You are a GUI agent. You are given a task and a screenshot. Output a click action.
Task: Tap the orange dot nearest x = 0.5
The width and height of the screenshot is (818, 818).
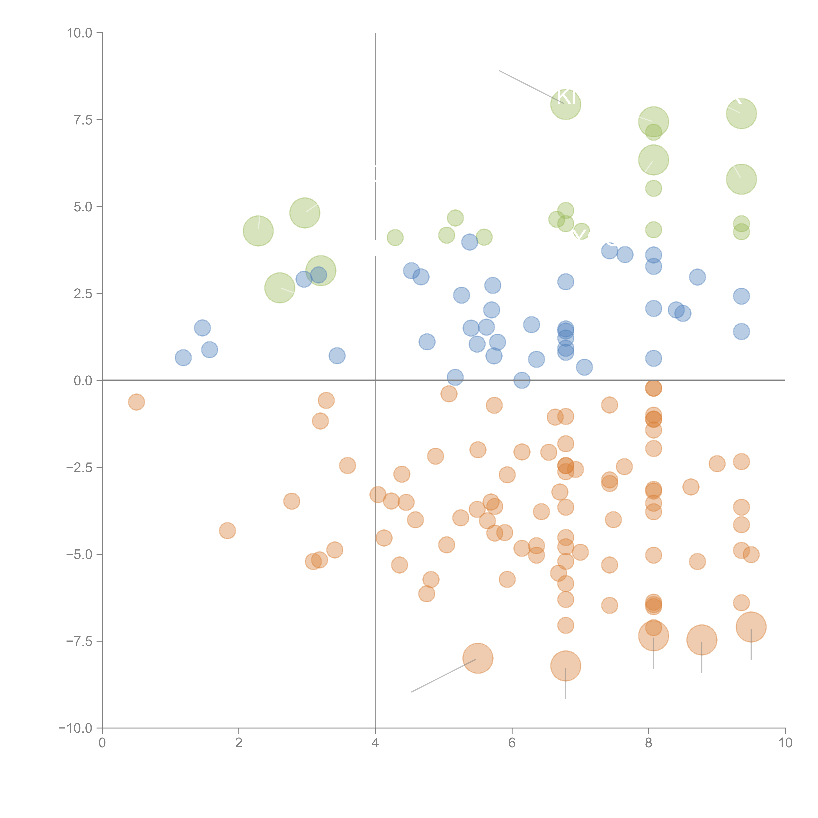pyautogui.click(x=136, y=402)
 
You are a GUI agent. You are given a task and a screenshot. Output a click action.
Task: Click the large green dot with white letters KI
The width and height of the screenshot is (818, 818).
pyautogui.click(x=566, y=104)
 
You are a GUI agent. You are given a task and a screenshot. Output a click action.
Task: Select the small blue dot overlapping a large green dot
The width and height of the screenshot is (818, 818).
pyautogui.click(x=318, y=275)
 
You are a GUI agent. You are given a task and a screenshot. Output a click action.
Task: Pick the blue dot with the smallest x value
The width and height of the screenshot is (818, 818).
pyautogui.click(x=183, y=358)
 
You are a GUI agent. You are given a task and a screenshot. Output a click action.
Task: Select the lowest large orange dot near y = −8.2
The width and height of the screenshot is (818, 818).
pyautogui.click(x=566, y=666)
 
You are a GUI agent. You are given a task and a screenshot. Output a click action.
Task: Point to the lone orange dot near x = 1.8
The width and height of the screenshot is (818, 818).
pyautogui.click(x=227, y=531)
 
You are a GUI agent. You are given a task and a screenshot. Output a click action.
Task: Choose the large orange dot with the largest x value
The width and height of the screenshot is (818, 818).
pyautogui.click(x=751, y=627)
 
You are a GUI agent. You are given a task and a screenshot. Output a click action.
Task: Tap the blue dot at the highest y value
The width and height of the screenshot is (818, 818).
pyautogui.click(x=470, y=242)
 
